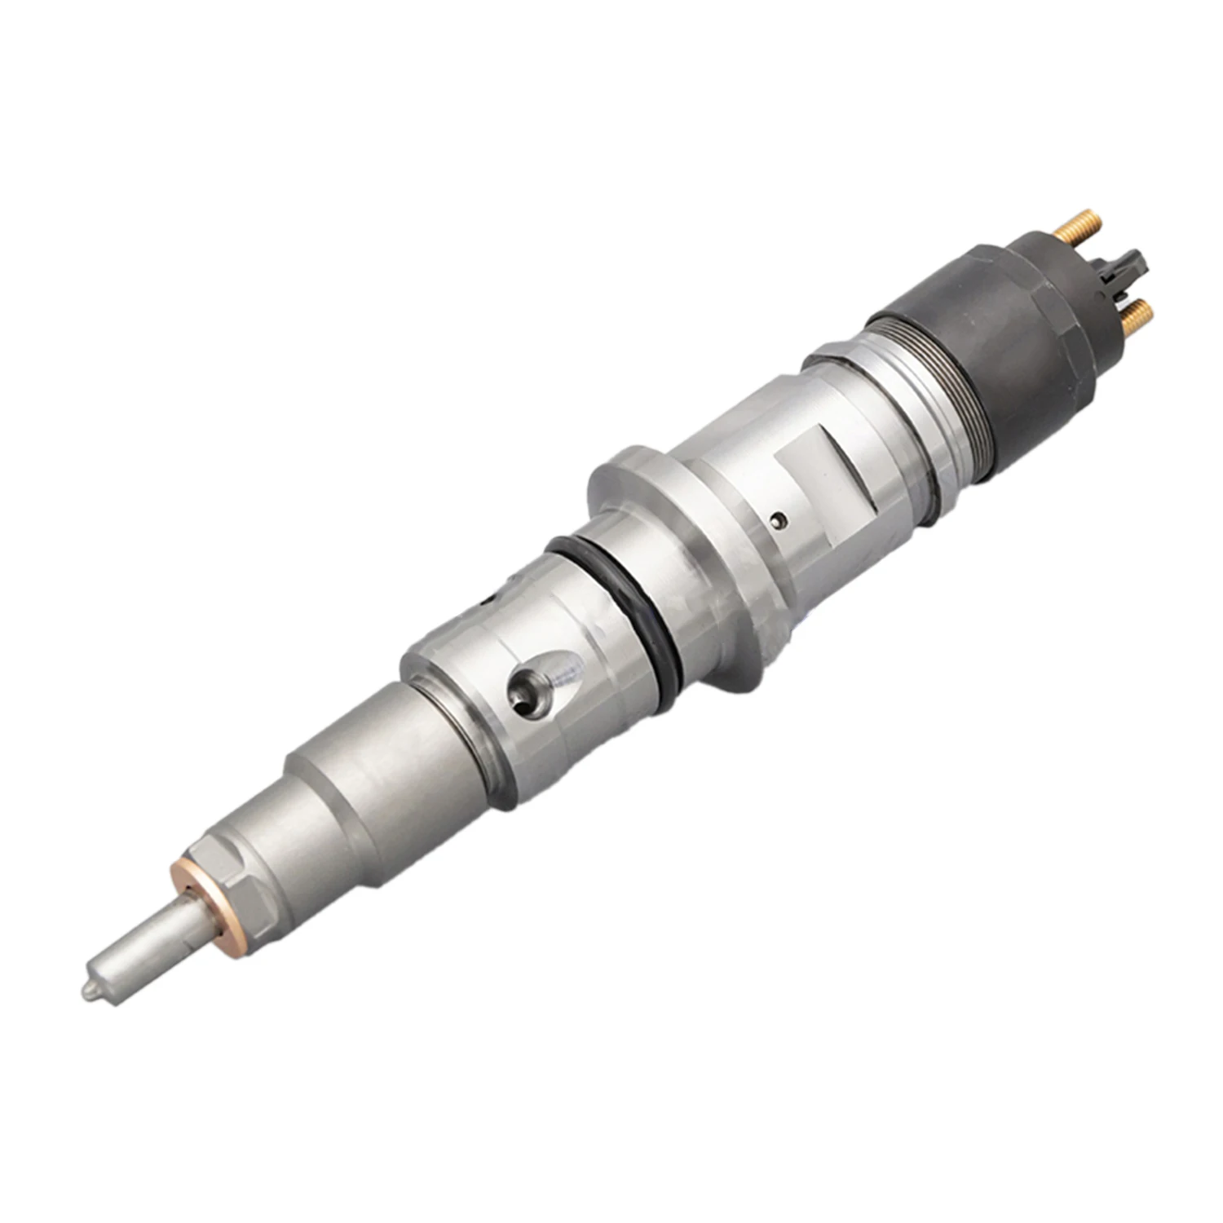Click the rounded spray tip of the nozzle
tap(91, 988)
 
